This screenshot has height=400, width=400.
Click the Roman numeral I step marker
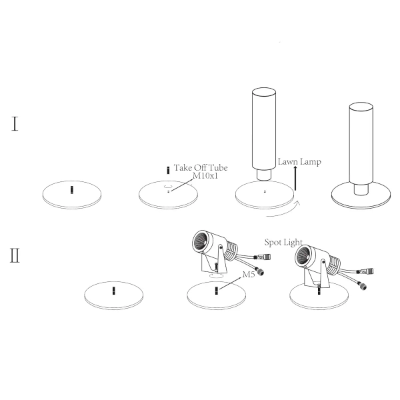click(x=15, y=124)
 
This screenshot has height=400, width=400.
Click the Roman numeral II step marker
click(x=15, y=255)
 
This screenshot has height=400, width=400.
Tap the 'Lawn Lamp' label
click(x=299, y=162)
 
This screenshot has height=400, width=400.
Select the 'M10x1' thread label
click(x=205, y=176)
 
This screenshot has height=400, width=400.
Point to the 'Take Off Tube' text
click(x=201, y=167)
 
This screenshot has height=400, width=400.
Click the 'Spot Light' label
click(x=283, y=242)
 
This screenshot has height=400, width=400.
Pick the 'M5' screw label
click(x=249, y=275)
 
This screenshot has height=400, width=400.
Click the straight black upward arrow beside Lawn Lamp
click(x=295, y=178)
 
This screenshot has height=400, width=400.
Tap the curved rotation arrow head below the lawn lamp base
click(x=297, y=203)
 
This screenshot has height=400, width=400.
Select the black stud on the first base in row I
click(x=72, y=190)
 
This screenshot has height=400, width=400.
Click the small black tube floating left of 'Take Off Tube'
click(x=168, y=171)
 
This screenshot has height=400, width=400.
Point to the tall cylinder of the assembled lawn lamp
click(x=361, y=143)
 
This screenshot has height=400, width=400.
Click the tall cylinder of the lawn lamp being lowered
click(x=264, y=129)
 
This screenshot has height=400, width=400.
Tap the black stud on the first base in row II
click(x=114, y=291)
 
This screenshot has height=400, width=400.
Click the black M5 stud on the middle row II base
click(x=217, y=291)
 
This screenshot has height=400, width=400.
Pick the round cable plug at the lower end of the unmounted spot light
click(x=260, y=272)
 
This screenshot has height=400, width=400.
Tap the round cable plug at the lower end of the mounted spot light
click(x=363, y=286)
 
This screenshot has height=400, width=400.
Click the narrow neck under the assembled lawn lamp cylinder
click(x=361, y=189)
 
